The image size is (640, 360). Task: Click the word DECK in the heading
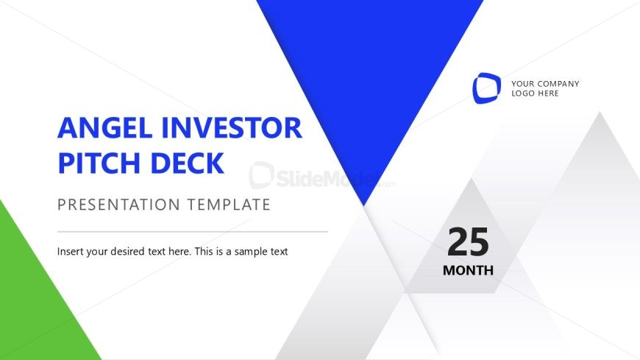[188, 163]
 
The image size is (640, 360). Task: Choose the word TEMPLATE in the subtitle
[229, 204]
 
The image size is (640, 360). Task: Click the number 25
[468, 242]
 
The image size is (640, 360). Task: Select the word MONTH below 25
[468, 270]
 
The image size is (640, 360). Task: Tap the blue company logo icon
[486, 88]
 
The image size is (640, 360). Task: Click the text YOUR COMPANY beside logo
[545, 83]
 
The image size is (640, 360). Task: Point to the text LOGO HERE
[535, 93]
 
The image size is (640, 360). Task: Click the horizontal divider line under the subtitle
[192, 231]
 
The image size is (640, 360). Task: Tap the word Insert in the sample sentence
[71, 251]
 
